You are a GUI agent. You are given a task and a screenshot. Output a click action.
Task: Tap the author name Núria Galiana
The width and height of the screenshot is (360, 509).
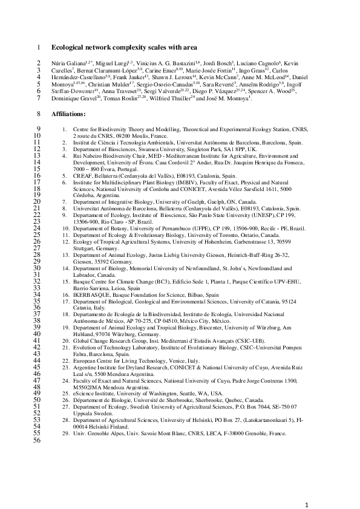(67, 63)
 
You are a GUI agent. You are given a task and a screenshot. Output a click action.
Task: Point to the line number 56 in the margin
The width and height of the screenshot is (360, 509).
(38, 441)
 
